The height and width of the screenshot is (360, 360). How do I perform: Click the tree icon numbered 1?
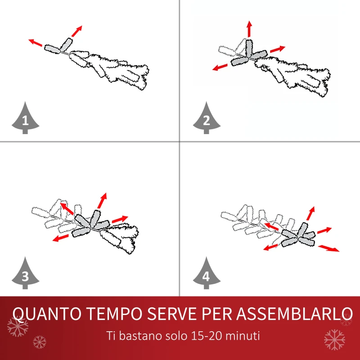pyautogui.click(x=25, y=119)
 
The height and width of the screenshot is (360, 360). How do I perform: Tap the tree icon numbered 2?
pyautogui.click(x=207, y=119)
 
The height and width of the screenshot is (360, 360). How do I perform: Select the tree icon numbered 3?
pyautogui.click(x=25, y=274)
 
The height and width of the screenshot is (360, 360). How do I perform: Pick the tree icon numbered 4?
pyautogui.click(x=207, y=274)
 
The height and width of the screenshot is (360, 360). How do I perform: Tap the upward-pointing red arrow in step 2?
pyautogui.click(x=249, y=29)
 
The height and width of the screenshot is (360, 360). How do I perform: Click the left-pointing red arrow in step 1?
pyautogui.click(x=36, y=43)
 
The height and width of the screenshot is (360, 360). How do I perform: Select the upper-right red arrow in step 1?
pyautogui.click(x=77, y=31)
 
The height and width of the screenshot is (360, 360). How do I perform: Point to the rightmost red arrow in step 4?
pyautogui.click(x=329, y=248)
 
